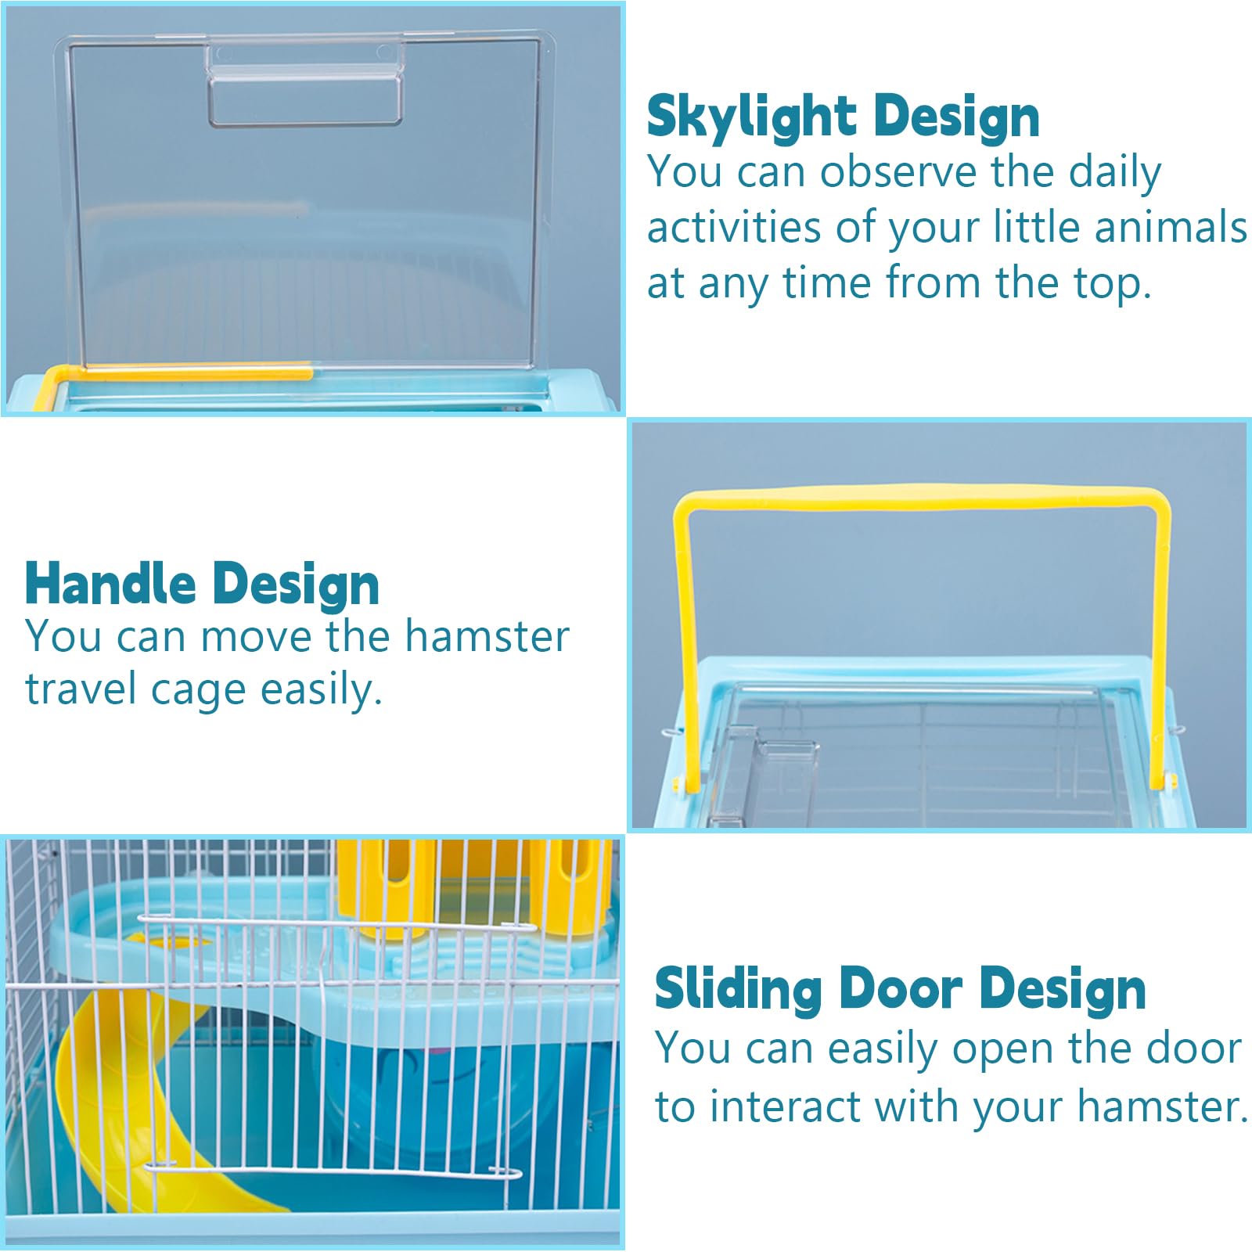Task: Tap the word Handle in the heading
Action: click(x=110, y=585)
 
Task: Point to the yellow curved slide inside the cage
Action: click(x=133, y=1111)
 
